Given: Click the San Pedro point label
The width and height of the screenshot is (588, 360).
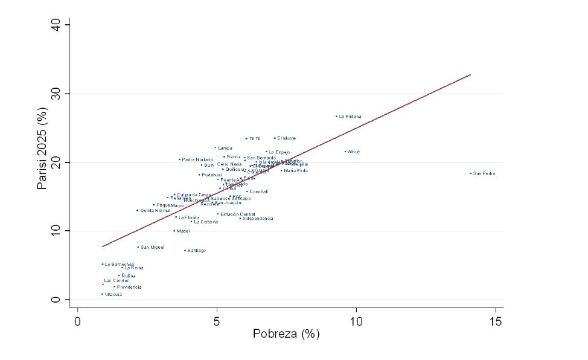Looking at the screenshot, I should coord(484,174).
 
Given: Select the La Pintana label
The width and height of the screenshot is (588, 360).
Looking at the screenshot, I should coord(350,117).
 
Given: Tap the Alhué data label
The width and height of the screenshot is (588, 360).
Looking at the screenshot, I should coord(354,152).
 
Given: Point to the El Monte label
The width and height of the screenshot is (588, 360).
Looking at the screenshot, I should coord(286,138).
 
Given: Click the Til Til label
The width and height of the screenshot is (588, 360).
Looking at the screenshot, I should coord(254,139).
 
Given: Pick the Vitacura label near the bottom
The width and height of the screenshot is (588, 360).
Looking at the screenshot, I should coord(113,295).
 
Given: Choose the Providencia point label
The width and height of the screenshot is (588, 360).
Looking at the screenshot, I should coord(129,288).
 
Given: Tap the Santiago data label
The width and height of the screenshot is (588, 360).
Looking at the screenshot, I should coord(196,251).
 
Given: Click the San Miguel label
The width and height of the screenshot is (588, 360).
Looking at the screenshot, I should coord(152,248).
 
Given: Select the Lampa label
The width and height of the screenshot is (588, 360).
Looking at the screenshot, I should coord(225,148).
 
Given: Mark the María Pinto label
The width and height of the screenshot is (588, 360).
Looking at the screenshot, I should coord(296,171).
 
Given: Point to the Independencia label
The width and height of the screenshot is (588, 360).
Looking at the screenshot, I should coord(258,219).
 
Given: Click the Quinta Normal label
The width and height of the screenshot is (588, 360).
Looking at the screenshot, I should coord(155,211).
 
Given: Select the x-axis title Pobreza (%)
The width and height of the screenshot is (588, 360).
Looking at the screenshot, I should coord(286,334).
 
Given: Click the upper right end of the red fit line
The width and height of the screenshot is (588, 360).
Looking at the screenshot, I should coord(470,75).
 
